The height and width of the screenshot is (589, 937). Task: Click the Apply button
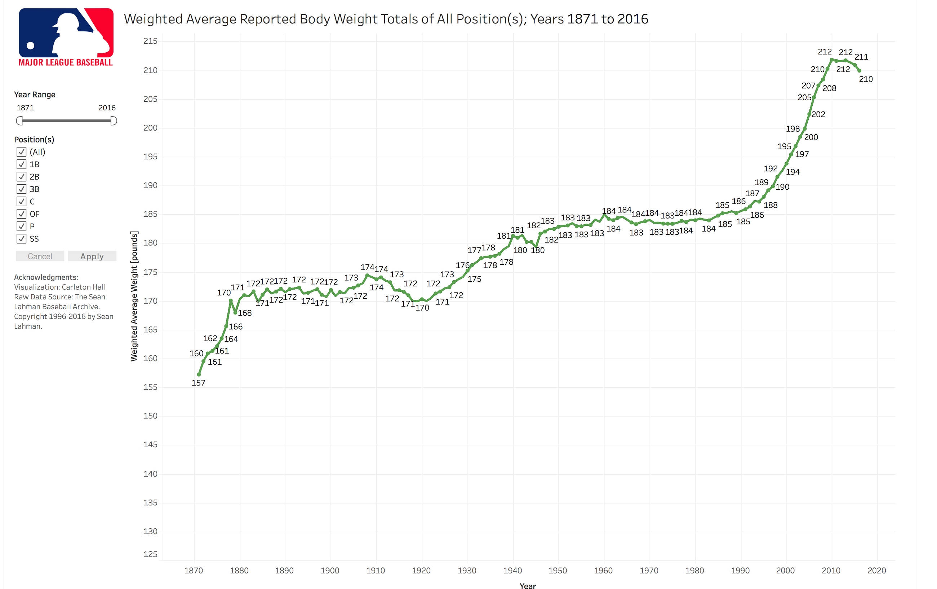coord(92,256)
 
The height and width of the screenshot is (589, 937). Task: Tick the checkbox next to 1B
coord(21,164)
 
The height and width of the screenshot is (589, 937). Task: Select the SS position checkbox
coord(21,239)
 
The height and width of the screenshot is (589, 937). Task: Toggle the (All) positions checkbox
coord(21,152)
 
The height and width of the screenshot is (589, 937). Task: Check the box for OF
coord(21,214)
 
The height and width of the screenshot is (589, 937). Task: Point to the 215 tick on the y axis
coord(151,41)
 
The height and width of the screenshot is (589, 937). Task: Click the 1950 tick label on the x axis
coord(558,571)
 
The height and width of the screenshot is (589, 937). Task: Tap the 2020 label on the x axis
coord(877,571)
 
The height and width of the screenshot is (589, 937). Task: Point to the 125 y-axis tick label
coord(151,554)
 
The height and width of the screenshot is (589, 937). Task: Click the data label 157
coord(199,383)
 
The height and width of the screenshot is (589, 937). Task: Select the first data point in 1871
coord(199,375)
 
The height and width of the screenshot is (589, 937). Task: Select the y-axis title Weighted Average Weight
coord(134,296)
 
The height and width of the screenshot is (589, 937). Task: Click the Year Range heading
coord(35,94)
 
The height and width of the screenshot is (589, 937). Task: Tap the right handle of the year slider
coord(113,121)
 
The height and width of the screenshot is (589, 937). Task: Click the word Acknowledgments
coord(46,277)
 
